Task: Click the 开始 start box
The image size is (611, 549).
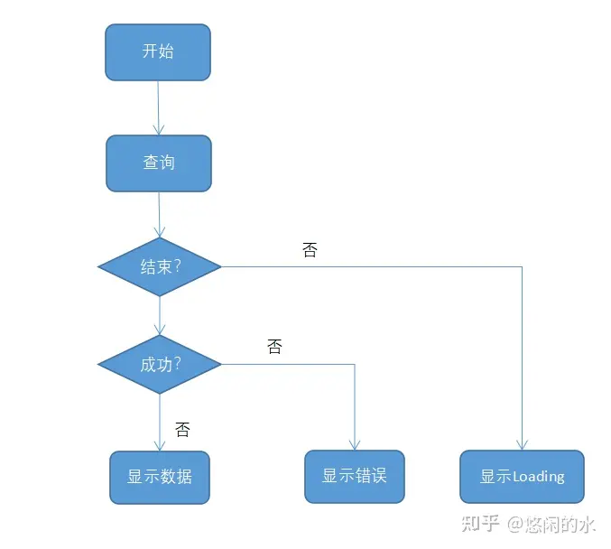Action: pos(158,51)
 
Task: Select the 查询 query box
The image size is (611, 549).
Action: pos(159,163)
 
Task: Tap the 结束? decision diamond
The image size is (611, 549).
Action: pos(160,266)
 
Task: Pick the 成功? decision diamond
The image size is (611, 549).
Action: pos(160,365)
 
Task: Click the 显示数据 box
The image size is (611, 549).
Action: pos(160,477)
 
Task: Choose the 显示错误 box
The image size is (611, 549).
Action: pos(355,476)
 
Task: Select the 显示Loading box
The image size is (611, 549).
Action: pos(522,477)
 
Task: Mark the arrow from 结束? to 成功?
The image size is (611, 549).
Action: pos(160,315)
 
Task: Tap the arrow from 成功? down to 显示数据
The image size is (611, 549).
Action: pos(160,421)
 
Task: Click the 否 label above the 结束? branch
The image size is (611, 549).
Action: pos(310,250)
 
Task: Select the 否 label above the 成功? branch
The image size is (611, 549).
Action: pos(274,347)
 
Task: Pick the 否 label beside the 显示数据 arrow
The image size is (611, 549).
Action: pos(182,430)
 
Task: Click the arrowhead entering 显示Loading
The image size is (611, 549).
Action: pos(522,444)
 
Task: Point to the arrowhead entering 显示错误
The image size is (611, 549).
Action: pos(355,444)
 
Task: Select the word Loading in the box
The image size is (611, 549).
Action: pos(538,477)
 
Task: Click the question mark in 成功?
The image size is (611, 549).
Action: pos(177,365)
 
